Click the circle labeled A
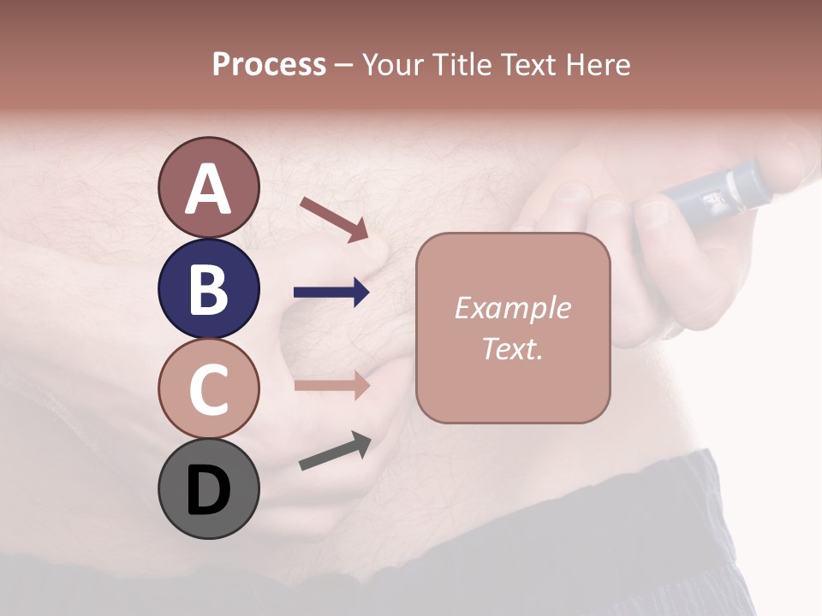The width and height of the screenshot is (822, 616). click(208, 187)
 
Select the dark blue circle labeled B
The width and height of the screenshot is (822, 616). click(208, 288)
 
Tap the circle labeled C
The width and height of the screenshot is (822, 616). click(208, 388)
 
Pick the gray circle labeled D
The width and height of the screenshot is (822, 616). click(208, 489)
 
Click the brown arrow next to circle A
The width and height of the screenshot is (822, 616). click(335, 219)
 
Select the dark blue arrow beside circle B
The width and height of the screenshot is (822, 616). click(331, 293)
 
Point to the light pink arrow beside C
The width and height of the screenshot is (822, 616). click(331, 385)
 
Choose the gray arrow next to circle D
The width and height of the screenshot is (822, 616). click(335, 451)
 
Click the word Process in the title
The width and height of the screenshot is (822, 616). click(269, 65)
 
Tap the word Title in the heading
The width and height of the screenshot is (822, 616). click(462, 65)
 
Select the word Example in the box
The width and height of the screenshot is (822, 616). click(512, 308)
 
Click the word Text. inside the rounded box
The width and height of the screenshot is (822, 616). click(512, 349)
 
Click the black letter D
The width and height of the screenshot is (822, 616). click(208, 490)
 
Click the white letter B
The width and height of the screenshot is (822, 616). click(208, 289)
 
